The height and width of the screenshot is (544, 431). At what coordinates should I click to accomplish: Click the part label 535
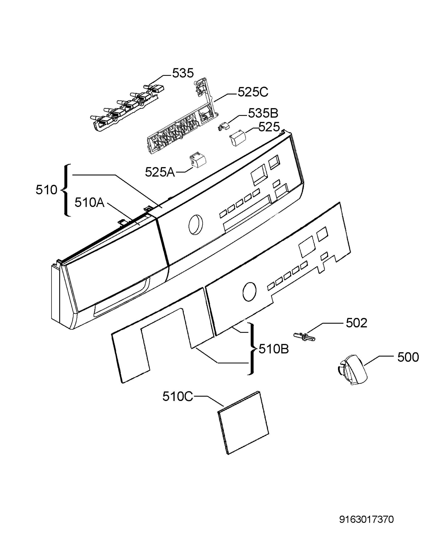183,73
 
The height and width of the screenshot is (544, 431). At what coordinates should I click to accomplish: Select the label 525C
253,92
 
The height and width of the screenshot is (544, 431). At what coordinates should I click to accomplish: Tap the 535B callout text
263,113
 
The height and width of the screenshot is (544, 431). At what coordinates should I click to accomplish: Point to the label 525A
160,172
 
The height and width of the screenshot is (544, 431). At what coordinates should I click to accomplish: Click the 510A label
89,202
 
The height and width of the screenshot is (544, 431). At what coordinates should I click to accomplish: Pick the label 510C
178,396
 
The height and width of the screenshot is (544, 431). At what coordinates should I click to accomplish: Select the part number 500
408,357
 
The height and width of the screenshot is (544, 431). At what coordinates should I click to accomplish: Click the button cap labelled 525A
198,160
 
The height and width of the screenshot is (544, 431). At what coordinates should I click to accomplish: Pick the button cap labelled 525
237,138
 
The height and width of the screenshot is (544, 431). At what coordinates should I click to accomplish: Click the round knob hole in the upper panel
196,225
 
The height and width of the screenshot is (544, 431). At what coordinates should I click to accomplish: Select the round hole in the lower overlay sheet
249,291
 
